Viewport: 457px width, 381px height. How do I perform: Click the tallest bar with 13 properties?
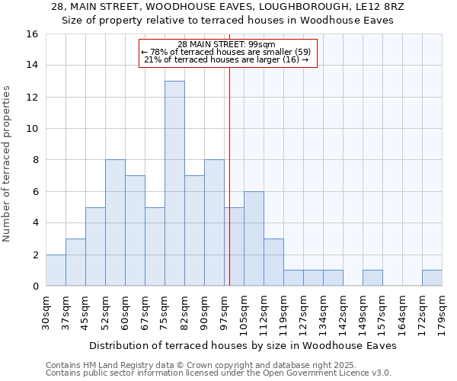174,183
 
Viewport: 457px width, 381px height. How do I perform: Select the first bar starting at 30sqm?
56,270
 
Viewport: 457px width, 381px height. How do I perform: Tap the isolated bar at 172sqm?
432,278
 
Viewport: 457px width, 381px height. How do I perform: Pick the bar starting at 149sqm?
372,278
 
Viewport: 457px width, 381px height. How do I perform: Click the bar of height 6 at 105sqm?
254,239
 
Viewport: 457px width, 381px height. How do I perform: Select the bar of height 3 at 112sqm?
273,262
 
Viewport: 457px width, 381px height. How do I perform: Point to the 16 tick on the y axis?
33,34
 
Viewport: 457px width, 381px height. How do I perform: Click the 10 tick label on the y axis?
33,129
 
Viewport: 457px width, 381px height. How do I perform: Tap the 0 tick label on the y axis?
35,287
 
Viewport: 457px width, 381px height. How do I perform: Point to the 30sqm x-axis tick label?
46,309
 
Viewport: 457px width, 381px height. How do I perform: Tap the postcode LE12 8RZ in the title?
376,7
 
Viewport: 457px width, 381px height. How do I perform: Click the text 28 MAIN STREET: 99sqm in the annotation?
226,44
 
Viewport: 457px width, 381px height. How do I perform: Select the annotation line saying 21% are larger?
226,59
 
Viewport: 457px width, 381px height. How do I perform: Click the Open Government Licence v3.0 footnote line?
219,373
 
